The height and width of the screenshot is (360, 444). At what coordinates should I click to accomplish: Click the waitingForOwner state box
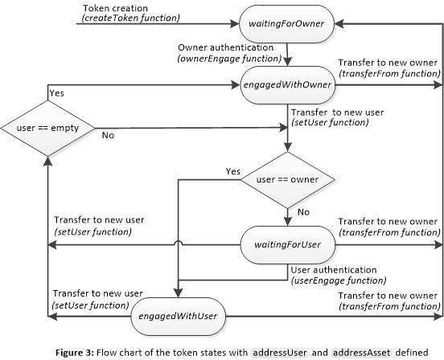286,24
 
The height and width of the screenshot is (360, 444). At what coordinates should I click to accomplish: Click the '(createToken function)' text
132,18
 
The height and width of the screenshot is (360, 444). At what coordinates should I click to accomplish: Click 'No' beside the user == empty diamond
107,136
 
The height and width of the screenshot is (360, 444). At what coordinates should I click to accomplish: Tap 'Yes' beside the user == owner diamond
233,171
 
